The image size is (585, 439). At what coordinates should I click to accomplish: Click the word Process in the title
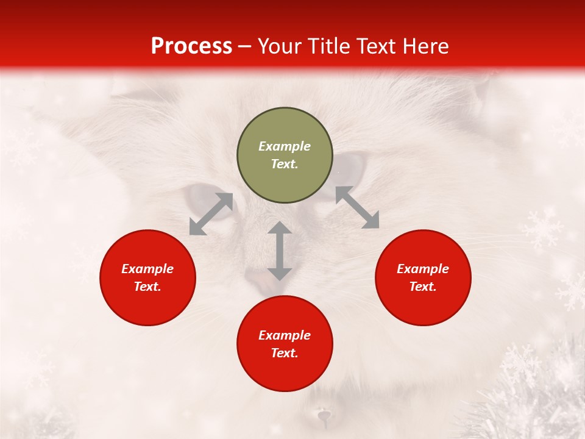pos(191,46)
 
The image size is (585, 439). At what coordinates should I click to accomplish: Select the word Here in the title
pos(424,46)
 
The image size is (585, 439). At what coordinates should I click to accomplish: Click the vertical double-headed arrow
pos(280,251)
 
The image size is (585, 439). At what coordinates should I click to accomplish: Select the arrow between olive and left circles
pos(211,214)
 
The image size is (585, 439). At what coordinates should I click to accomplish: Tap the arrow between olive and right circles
pos(357,207)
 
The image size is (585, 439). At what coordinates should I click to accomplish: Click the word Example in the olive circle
pos(285,146)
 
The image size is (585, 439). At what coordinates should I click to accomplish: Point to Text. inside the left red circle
pos(147,287)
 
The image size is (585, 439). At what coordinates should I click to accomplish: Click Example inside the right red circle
pos(423,269)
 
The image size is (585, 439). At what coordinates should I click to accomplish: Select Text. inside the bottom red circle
pos(285,353)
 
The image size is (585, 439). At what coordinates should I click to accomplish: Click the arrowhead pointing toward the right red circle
pos(370,221)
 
